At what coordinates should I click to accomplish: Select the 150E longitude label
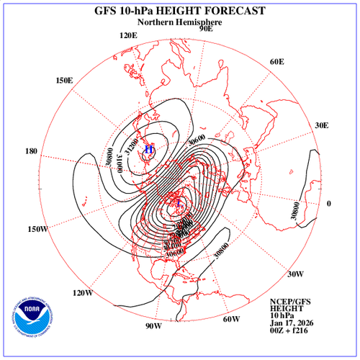coord(64,81)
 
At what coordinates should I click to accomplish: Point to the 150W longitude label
coord(37,229)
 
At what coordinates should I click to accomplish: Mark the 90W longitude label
coord(152,326)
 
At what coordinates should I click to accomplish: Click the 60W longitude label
coord(230,319)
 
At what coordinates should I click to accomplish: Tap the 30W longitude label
coord(295,274)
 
